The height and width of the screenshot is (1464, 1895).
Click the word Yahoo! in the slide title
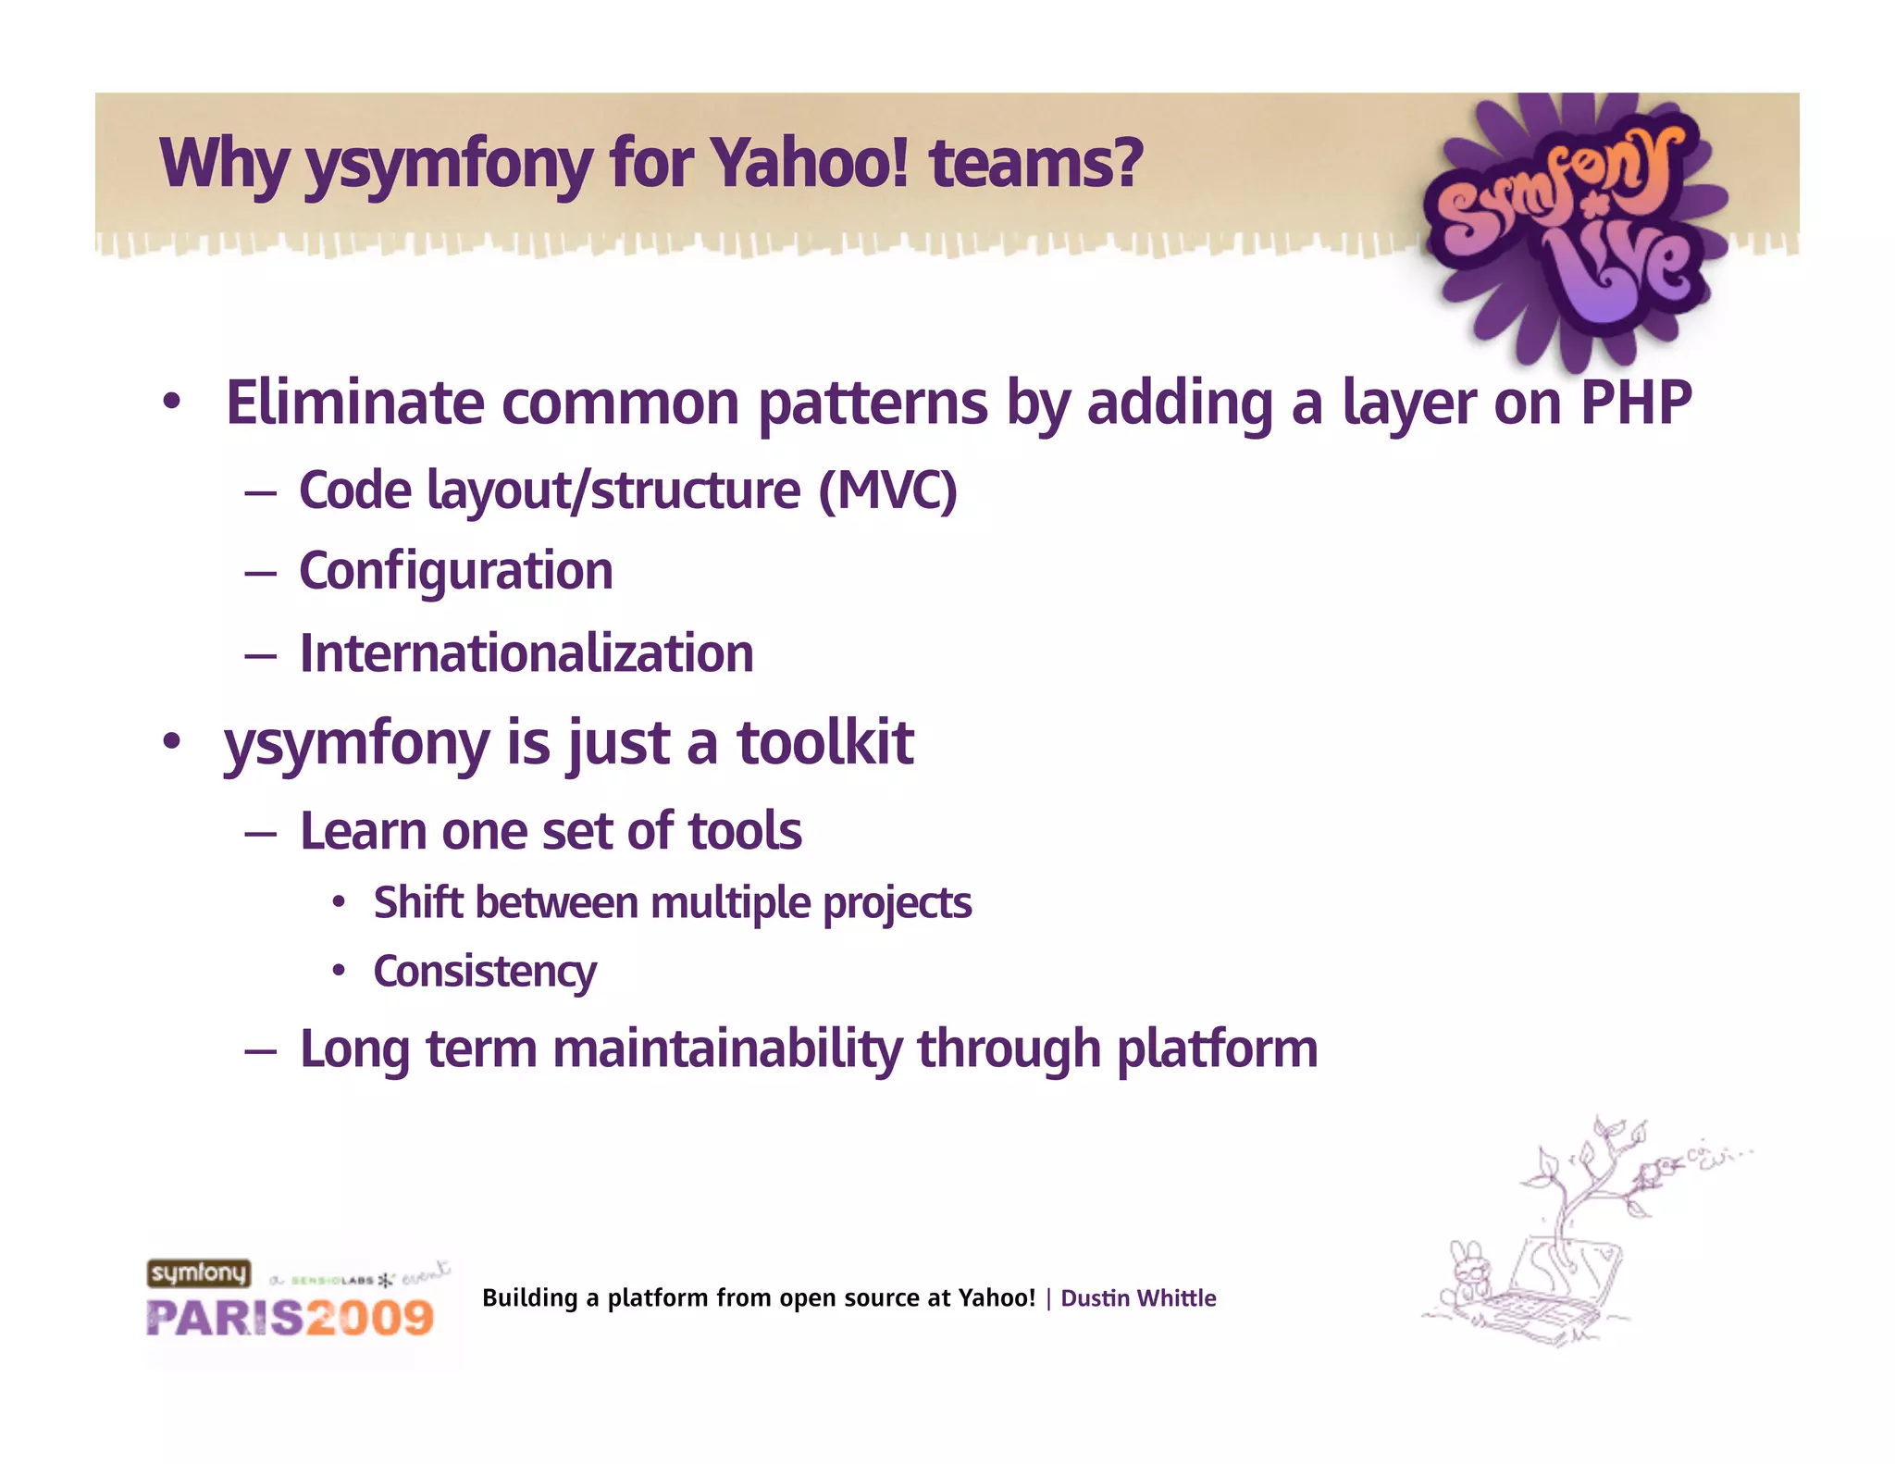[x=811, y=163]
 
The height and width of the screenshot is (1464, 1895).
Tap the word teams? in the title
[x=1036, y=163]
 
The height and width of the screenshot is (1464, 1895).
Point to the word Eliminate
[x=354, y=403]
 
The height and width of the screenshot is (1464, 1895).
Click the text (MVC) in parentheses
[x=887, y=490]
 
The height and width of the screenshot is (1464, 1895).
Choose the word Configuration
[x=456, y=571]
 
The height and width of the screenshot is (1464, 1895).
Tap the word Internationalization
[x=526, y=653]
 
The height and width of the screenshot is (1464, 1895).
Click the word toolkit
[x=824, y=743]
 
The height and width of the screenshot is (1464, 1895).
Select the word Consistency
[x=485, y=972]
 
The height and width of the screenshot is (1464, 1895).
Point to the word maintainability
[x=727, y=1049]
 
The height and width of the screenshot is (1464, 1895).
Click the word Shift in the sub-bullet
[x=417, y=902]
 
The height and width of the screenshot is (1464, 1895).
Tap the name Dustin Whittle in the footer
[x=1138, y=1298]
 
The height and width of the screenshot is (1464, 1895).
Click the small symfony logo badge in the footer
[x=199, y=1273]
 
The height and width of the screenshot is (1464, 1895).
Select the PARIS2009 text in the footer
[x=290, y=1318]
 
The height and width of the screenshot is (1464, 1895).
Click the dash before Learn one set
[x=261, y=833]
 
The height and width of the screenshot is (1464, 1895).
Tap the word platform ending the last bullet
[x=1217, y=1049]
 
